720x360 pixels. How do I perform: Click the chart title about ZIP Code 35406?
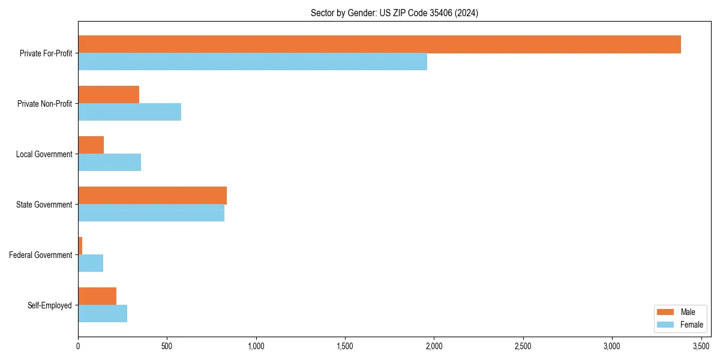click(x=394, y=13)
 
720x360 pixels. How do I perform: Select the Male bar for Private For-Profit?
click(x=379, y=44)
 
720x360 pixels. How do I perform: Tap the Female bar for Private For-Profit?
click(x=253, y=62)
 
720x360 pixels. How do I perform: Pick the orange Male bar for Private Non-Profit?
click(x=109, y=95)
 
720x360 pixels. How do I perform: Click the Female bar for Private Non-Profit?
click(x=130, y=112)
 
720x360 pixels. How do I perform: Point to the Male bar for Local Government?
click(x=91, y=145)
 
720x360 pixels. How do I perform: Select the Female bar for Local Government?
click(x=110, y=163)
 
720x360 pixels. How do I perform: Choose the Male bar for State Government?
click(x=152, y=196)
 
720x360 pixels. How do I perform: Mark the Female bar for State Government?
click(x=151, y=213)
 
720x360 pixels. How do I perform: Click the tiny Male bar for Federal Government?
click(x=80, y=246)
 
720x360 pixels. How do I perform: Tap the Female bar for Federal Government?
click(x=91, y=263)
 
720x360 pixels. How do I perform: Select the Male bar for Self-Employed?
click(x=97, y=296)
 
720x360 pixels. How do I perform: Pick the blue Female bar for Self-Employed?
click(x=103, y=314)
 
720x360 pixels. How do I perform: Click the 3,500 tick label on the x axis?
click(x=701, y=346)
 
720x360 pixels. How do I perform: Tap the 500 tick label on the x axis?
click(x=167, y=346)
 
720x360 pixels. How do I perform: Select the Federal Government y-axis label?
click(x=41, y=255)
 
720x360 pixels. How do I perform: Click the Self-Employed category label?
click(x=50, y=305)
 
